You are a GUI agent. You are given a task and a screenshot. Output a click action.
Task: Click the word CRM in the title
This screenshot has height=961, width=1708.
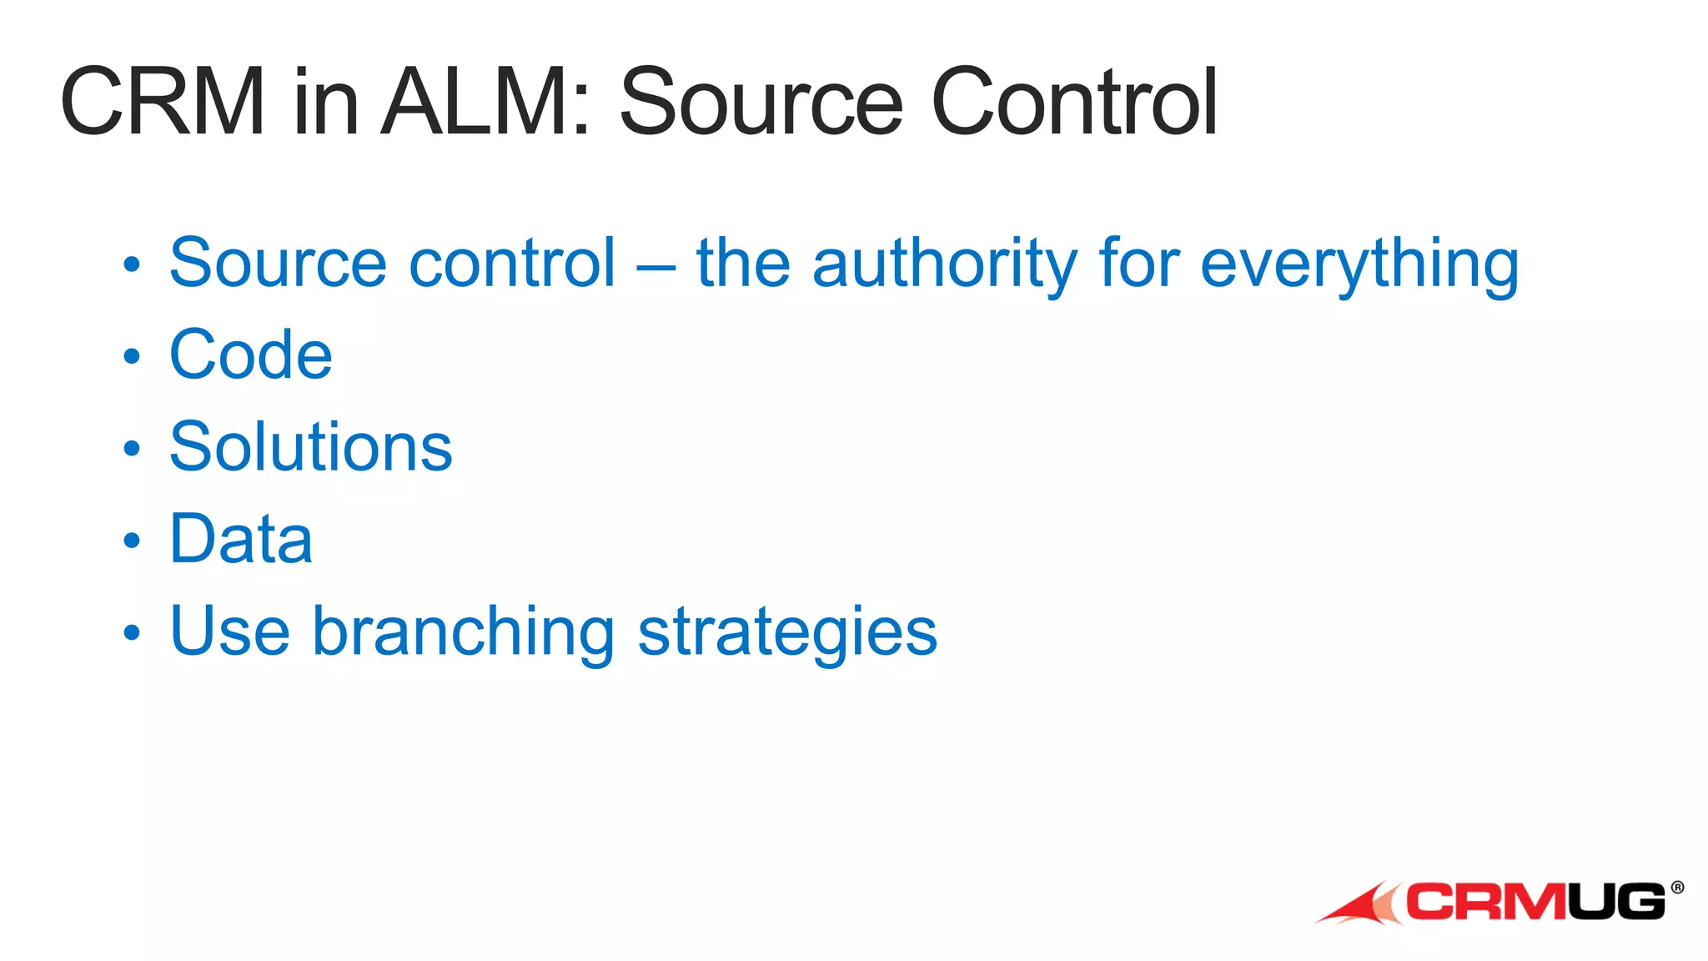(163, 102)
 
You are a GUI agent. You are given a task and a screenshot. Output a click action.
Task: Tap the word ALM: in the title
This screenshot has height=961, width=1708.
(486, 102)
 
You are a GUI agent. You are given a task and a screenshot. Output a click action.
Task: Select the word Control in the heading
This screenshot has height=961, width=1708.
(1074, 102)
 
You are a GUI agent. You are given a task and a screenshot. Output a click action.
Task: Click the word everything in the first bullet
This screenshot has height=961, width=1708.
(1359, 265)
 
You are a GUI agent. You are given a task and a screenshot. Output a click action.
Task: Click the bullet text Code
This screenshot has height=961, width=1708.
(250, 355)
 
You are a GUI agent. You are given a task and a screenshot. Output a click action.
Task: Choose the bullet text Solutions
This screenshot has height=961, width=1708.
(310, 447)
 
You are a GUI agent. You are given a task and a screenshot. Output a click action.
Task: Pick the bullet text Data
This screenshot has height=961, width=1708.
(240, 540)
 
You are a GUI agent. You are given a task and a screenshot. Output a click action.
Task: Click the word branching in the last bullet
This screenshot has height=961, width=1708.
(463, 632)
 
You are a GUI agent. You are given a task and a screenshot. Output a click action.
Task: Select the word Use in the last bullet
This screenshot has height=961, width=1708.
(229, 631)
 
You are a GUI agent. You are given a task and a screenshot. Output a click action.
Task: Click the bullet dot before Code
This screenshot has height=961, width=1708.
(132, 357)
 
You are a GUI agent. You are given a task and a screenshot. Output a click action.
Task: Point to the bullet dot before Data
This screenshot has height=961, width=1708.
(132, 541)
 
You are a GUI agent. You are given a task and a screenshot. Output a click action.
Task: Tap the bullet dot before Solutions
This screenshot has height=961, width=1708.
(132, 449)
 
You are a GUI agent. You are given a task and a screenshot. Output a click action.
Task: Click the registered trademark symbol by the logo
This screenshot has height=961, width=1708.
(1677, 887)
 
